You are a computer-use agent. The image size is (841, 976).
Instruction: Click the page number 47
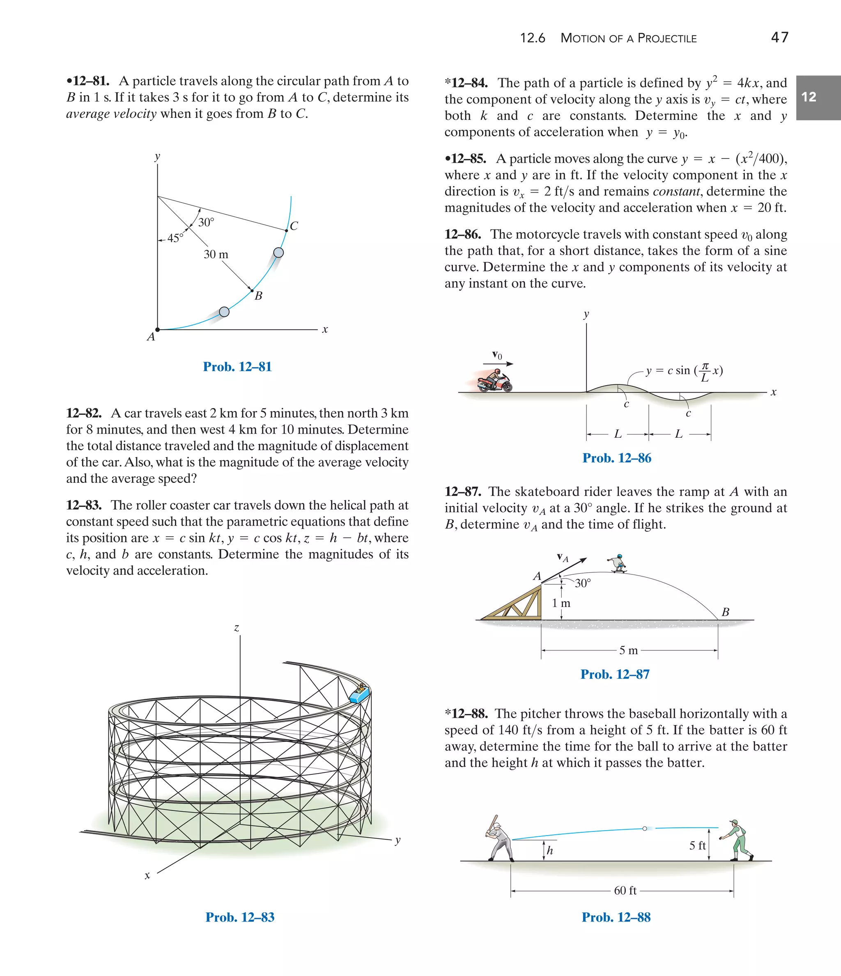[779, 37]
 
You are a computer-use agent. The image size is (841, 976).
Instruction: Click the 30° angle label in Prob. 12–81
[206, 222]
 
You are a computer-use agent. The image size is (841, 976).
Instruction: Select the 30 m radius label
[216, 254]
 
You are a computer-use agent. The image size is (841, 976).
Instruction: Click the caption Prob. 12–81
[237, 367]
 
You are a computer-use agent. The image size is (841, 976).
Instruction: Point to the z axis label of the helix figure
[237, 628]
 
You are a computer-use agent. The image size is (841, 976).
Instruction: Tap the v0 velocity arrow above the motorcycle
[498, 363]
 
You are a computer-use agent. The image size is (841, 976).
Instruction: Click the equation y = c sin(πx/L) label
[684, 371]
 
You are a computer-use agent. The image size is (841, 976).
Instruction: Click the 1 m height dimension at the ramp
[561, 603]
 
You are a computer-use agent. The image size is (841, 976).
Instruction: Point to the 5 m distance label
[629, 650]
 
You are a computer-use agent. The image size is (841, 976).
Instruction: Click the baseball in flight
[645, 829]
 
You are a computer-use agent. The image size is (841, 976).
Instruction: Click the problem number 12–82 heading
[84, 413]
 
